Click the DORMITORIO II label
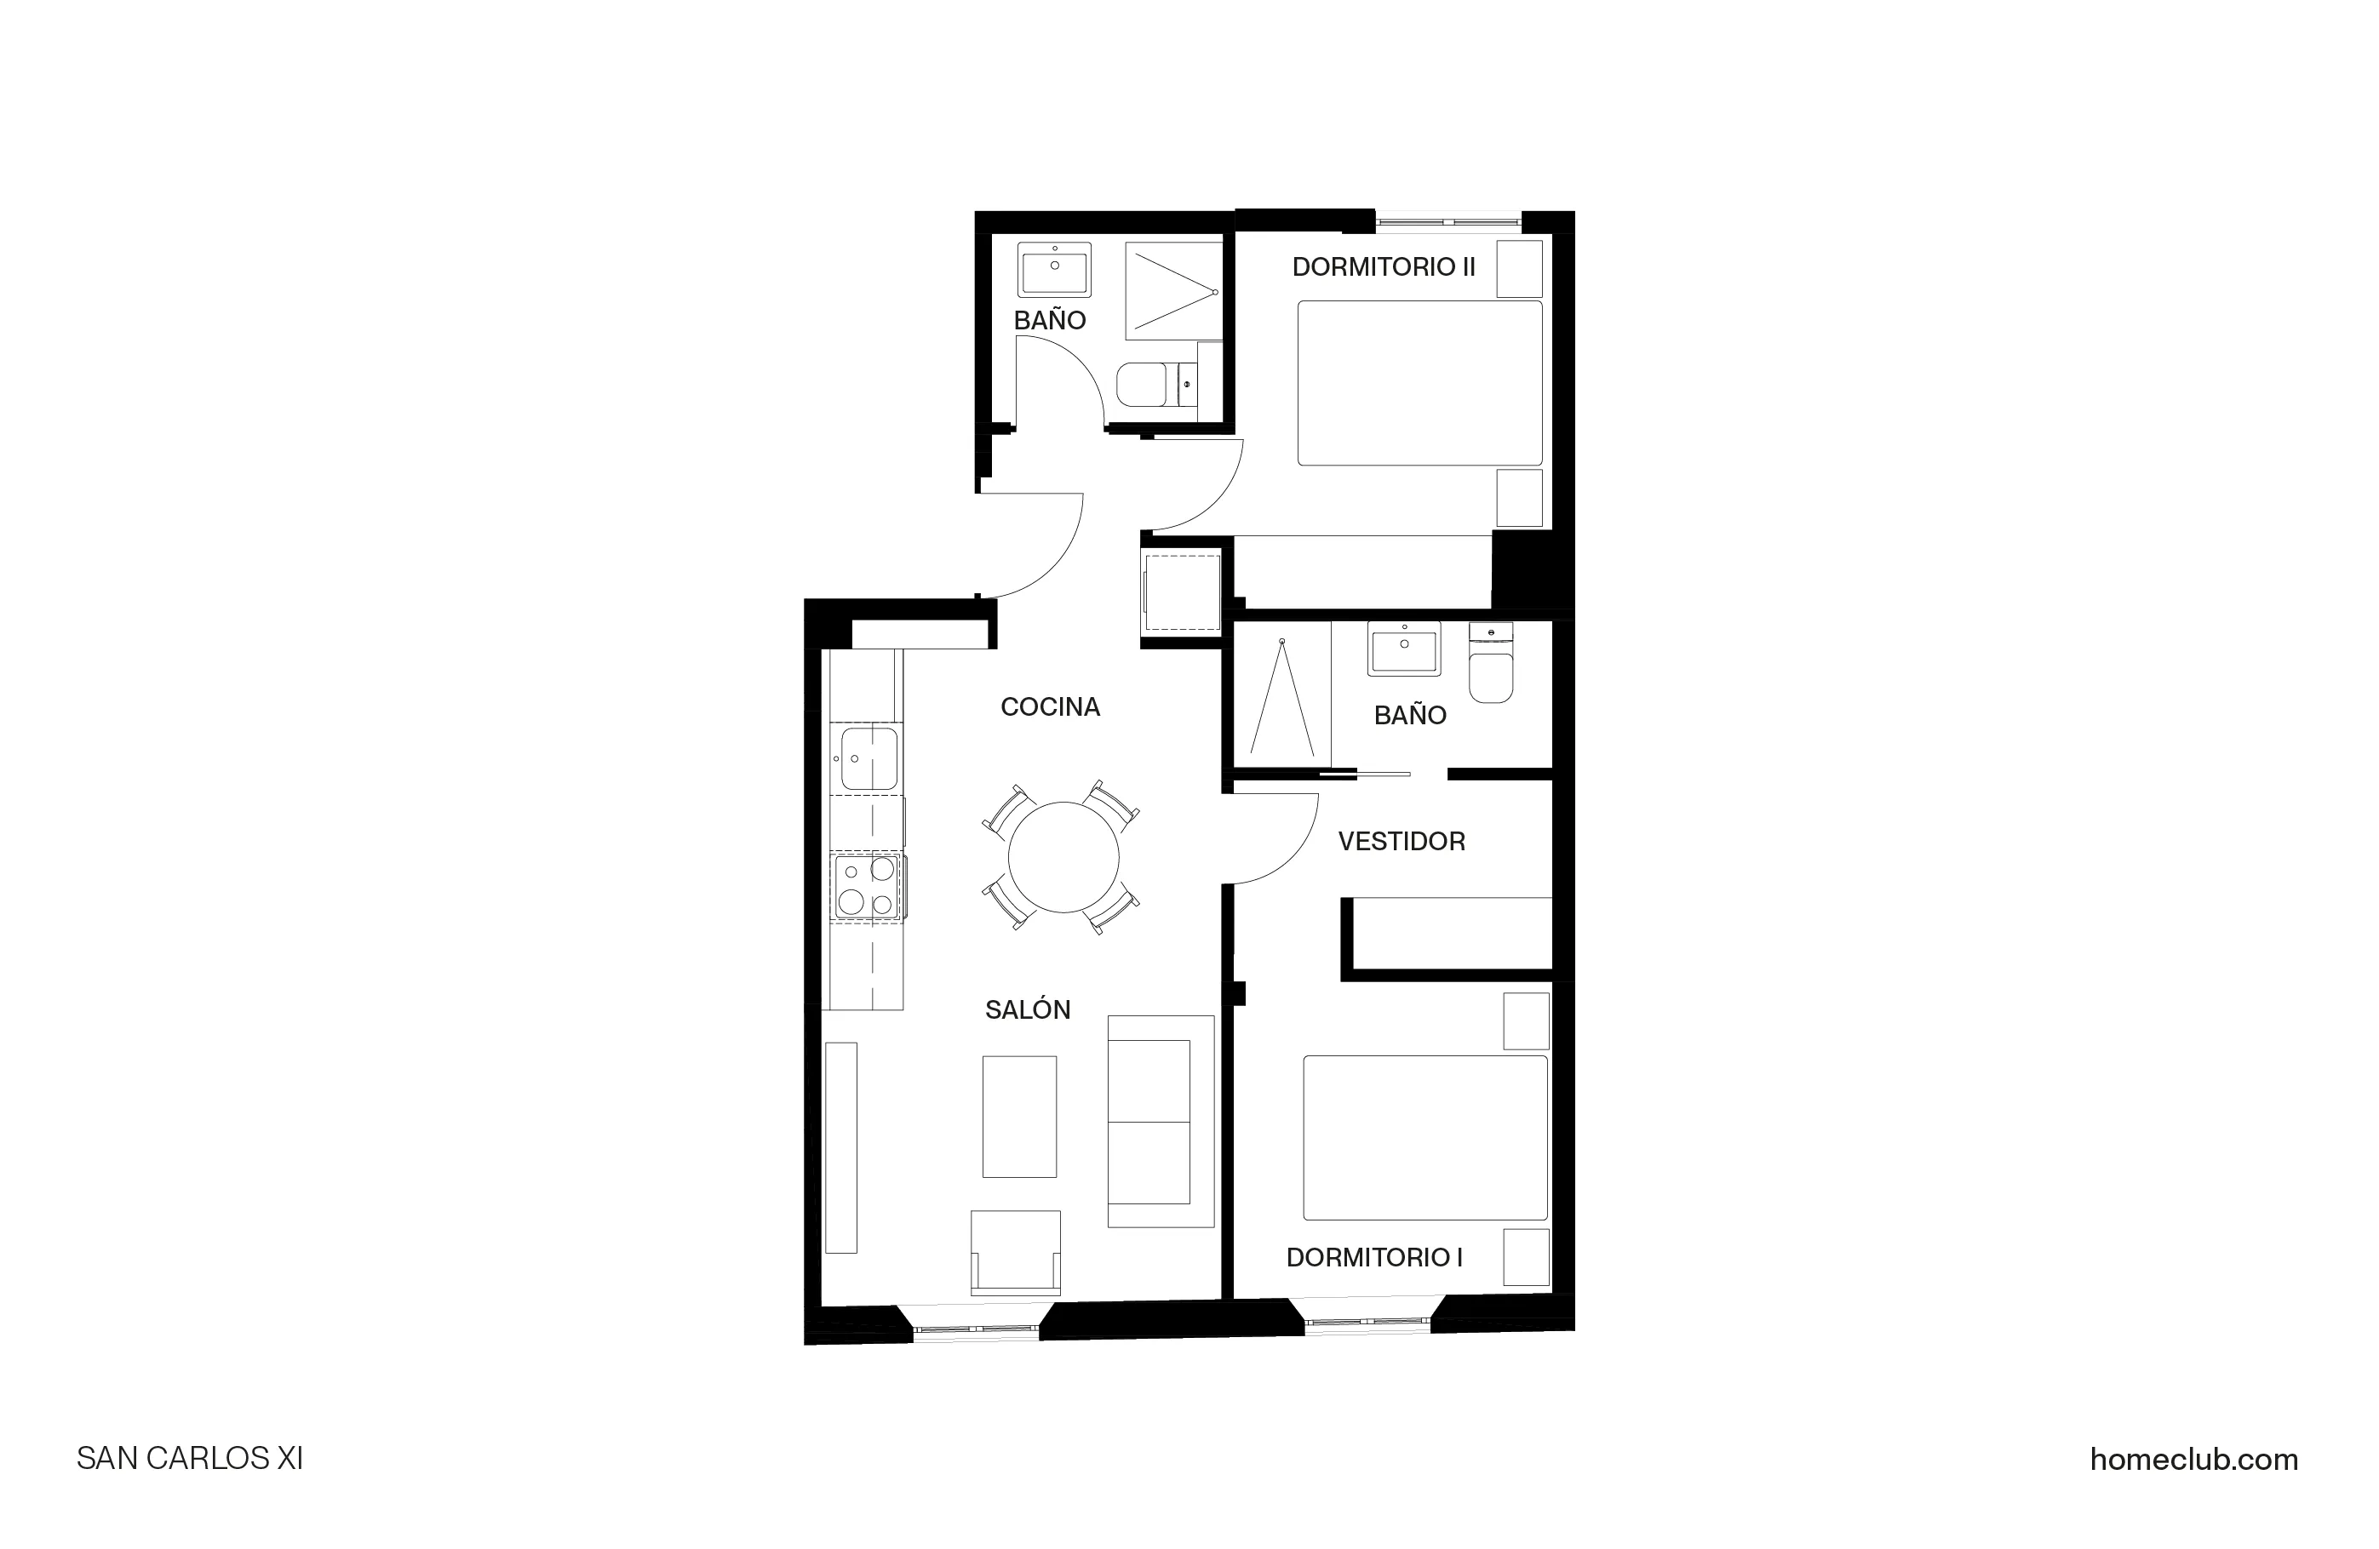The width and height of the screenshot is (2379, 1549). (1384, 267)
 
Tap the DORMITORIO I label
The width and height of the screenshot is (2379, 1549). (1373, 1257)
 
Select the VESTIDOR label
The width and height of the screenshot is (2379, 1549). (1402, 842)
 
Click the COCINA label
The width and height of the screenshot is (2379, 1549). (1050, 706)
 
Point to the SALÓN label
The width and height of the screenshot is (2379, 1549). (1028, 1009)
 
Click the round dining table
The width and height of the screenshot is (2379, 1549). (1063, 857)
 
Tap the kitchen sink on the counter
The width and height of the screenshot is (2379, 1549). (868, 758)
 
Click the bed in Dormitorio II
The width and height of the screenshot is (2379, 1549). (1419, 383)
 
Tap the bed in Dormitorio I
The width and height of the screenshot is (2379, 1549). (1425, 1137)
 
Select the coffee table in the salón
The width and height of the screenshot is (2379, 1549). (1019, 1117)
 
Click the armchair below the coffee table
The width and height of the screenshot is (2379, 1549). (1016, 1252)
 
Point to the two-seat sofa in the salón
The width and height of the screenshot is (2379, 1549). (1160, 1121)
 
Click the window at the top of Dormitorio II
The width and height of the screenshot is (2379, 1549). (1448, 220)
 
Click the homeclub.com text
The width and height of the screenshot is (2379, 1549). (2193, 1459)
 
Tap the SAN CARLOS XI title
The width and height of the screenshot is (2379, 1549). (190, 1459)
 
